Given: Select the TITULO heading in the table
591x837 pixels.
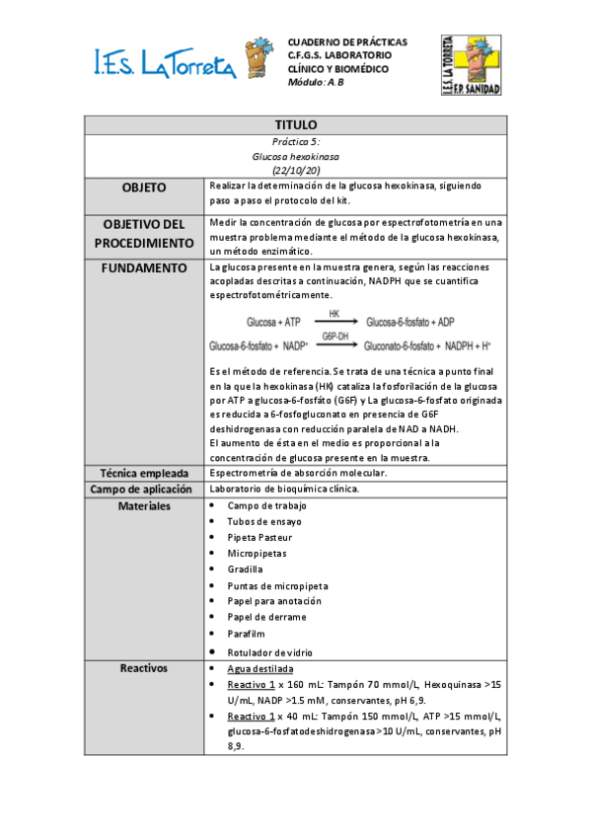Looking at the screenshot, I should point(295,125).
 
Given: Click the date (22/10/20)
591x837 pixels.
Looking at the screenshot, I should point(295,171).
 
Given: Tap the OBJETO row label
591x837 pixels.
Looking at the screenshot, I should point(144,188).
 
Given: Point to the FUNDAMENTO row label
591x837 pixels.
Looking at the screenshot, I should point(144,267).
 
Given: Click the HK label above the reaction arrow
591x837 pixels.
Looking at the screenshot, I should point(334,313).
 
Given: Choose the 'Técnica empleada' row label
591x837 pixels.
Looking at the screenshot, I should point(144,474).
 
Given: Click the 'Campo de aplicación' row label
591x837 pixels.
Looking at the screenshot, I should point(144,490).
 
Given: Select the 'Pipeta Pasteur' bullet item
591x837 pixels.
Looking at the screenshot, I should point(259,537).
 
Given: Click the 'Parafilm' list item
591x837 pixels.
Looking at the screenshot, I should point(246,634).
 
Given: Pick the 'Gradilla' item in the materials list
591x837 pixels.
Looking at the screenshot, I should point(245,570).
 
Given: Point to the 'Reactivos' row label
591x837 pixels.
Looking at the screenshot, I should point(144,668).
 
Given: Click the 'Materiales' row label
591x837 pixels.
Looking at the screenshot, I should point(144,505).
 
